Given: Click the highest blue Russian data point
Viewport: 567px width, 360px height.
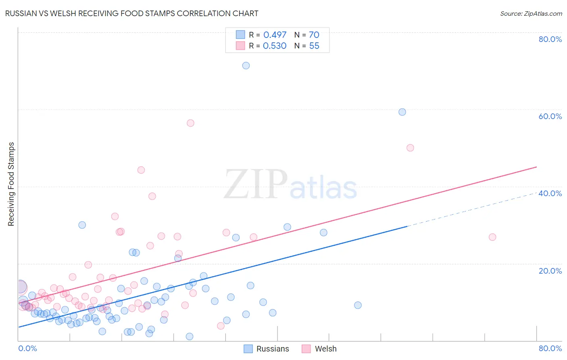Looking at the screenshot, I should (x=246, y=65).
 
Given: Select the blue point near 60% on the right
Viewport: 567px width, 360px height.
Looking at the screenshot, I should (x=402, y=112).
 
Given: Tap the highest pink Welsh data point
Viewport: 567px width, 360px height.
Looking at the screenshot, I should (x=190, y=123).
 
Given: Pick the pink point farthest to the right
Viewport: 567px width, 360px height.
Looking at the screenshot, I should (x=492, y=237).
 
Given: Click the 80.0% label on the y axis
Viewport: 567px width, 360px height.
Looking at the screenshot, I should (x=550, y=39).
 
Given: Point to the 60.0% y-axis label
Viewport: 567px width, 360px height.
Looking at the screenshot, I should (x=550, y=116).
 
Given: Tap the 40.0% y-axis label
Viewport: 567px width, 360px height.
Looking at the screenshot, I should (x=550, y=193).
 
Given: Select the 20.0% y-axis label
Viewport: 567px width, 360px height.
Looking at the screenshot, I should (x=550, y=271).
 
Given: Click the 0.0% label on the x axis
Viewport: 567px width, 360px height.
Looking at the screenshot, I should (x=28, y=348).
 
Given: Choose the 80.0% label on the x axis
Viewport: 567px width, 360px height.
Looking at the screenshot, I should (x=550, y=348).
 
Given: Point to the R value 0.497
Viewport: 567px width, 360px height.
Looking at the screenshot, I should (x=275, y=35).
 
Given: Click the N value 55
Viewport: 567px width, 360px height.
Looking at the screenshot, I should (x=314, y=46).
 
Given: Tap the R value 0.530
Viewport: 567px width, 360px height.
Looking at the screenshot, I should (x=275, y=46).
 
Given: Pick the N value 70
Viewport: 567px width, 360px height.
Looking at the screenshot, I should (x=314, y=35).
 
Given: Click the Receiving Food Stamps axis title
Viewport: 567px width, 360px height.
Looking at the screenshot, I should (x=11, y=184).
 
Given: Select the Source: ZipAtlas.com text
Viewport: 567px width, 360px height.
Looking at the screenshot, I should (x=531, y=14).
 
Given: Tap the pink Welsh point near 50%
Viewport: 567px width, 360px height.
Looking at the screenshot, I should (x=410, y=148).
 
